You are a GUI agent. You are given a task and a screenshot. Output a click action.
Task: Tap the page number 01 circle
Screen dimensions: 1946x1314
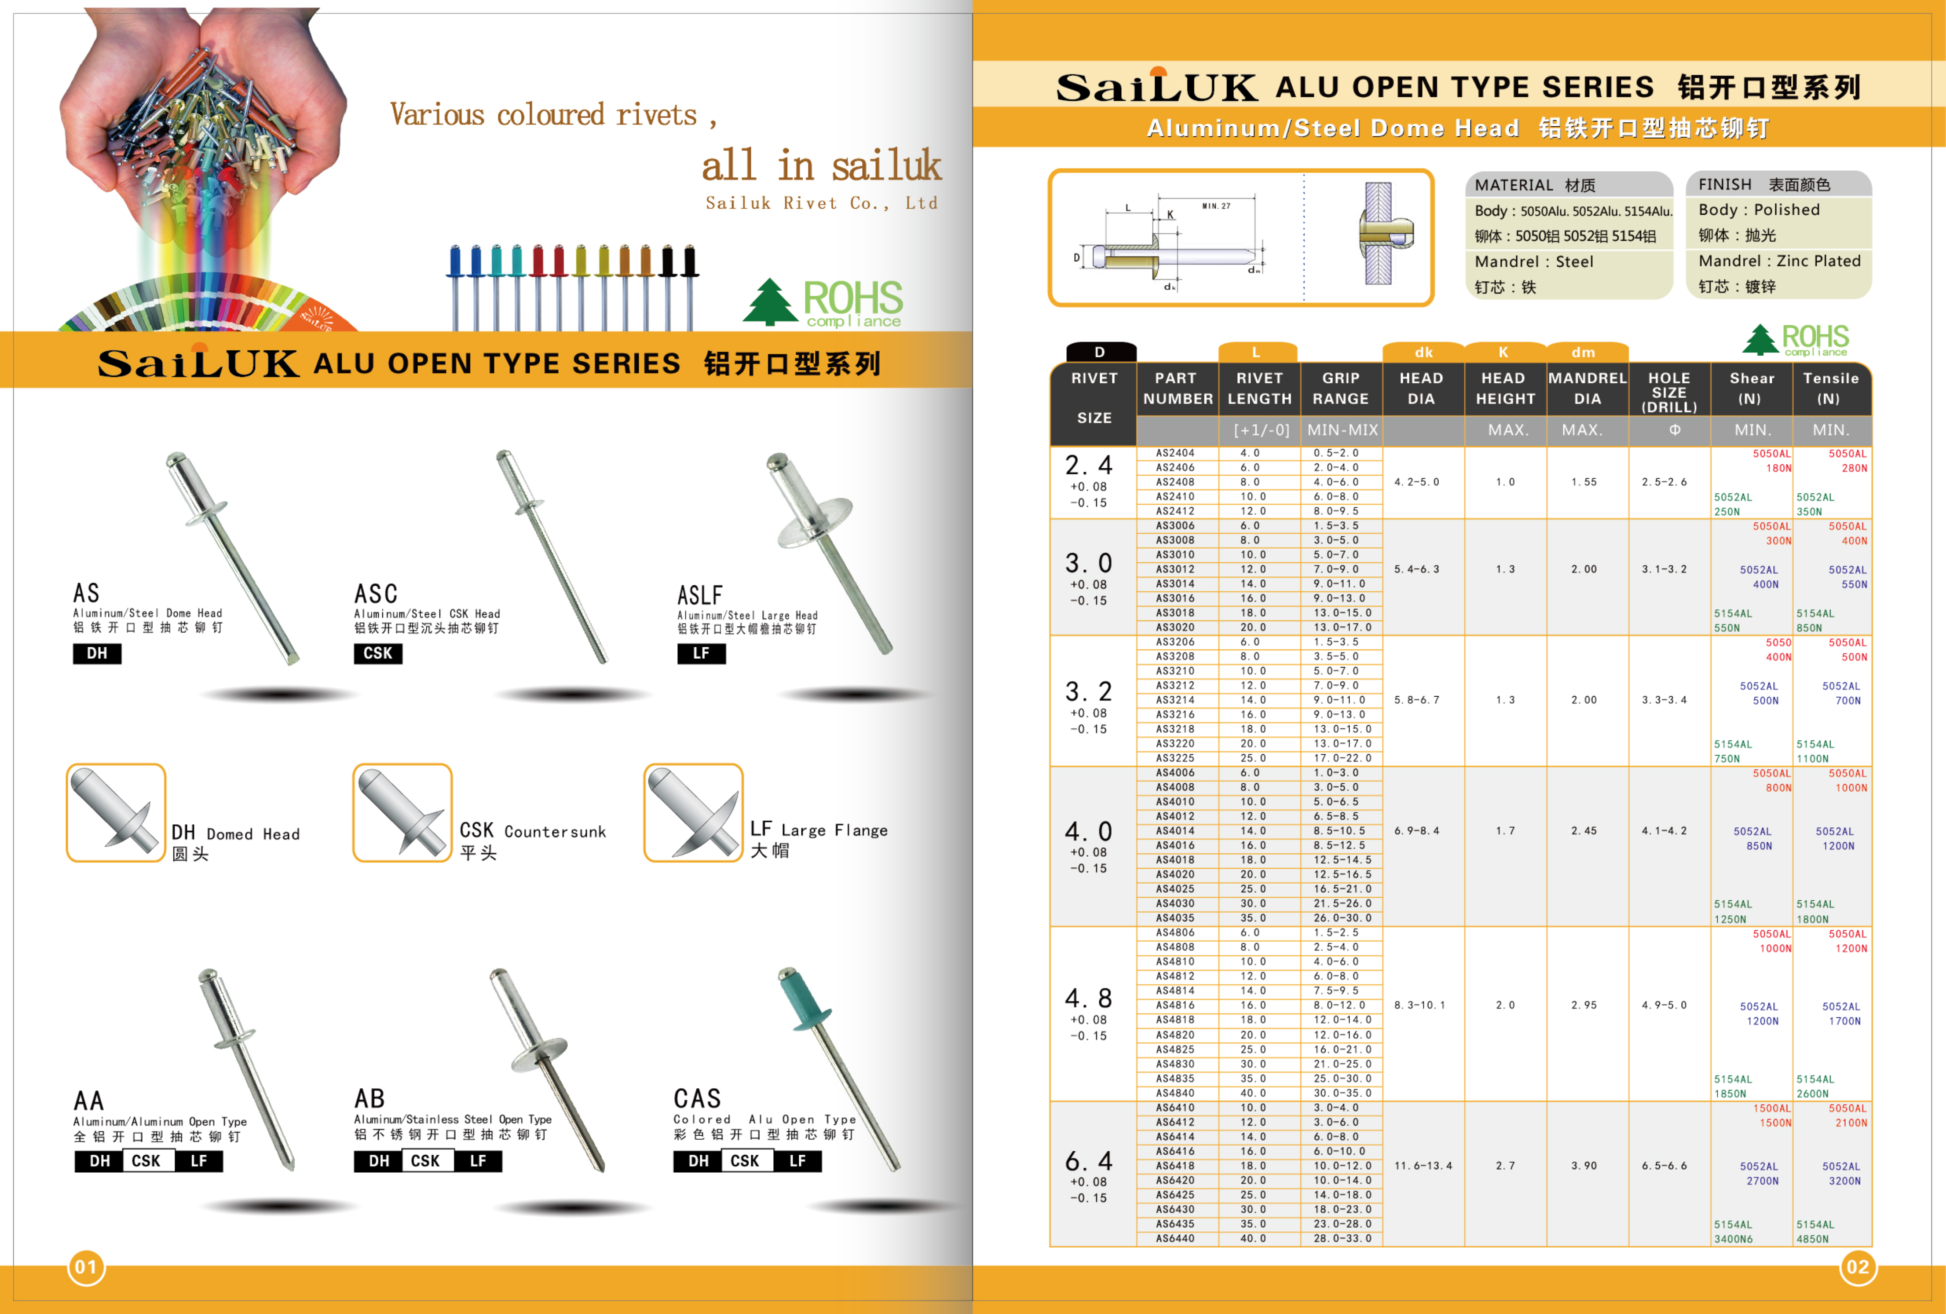coord(86,1267)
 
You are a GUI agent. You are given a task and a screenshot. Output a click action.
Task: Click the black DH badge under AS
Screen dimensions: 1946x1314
coord(97,653)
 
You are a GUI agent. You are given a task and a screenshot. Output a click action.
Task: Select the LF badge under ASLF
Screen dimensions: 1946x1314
coord(701,653)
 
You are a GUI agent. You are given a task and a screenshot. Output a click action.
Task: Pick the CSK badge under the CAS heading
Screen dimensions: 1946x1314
coord(744,1161)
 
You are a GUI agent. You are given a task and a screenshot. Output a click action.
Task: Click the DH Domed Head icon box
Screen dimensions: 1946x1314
coord(116,812)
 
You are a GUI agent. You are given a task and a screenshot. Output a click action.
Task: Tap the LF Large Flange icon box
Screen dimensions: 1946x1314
coord(693,812)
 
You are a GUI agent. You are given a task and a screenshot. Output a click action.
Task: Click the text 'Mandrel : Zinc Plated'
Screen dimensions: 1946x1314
coord(1779,261)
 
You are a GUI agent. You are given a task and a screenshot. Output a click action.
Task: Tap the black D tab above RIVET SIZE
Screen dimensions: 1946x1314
coord(1100,352)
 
